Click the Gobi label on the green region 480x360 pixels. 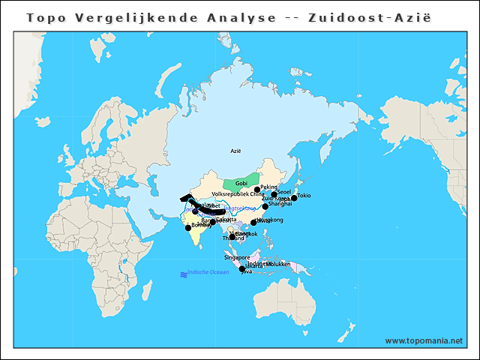click(x=241, y=183)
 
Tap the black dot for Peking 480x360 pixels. click(x=257, y=190)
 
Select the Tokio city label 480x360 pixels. click(x=304, y=196)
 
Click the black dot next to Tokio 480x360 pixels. click(x=294, y=198)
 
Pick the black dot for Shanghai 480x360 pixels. click(x=265, y=206)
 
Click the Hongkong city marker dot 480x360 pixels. click(x=253, y=222)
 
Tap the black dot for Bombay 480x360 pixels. click(x=187, y=227)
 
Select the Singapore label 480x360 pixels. click(x=237, y=257)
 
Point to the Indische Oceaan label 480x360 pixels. click(x=208, y=271)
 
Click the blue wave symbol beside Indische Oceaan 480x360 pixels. click(x=183, y=274)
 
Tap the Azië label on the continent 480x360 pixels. click(x=236, y=151)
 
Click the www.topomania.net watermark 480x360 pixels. click(x=424, y=340)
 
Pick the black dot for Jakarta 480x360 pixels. click(x=241, y=269)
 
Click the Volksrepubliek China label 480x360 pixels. click(x=238, y=193)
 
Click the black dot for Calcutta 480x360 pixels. click(x=212, y=222)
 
